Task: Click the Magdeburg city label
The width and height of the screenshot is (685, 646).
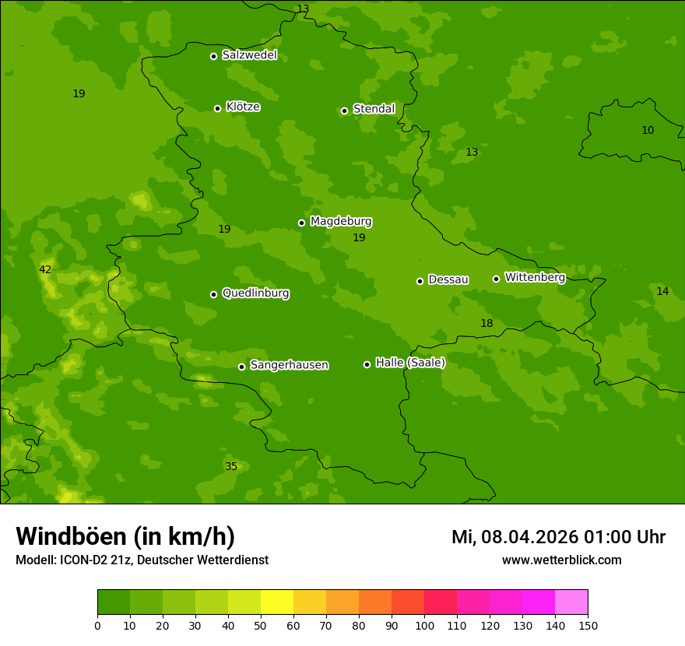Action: (x=341, y=222)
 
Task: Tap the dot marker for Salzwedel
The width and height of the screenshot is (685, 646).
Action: (x=213, y=56)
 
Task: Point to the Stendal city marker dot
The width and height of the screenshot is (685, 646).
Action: (x=344, y=111)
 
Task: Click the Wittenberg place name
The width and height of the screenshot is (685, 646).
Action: (x=535, y=278)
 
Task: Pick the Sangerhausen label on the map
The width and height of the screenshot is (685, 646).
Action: (x=289, y=365)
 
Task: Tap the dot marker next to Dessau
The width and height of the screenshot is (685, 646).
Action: (x=420, y=281)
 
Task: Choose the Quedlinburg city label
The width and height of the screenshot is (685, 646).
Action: (x=255, y=293)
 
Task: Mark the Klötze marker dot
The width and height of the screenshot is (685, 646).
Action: (x=217, y=108)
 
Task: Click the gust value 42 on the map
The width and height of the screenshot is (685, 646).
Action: (x=45, y=270)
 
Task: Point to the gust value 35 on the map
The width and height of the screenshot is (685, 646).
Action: (x=231, y=467)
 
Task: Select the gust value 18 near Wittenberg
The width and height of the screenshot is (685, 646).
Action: (x=487, y=324)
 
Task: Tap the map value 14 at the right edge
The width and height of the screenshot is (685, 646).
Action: (x=662, y=292)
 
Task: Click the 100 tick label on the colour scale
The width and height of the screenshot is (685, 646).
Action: (x=424, y=625)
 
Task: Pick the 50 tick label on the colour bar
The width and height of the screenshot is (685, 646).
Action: (x=261, y=625)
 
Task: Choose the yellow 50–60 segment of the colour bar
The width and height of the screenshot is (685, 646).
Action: (x=277, y=602)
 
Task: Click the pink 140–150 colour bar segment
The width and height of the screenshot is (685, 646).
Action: (x=571, y=602)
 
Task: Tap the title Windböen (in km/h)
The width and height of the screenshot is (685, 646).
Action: (x=125, y=536)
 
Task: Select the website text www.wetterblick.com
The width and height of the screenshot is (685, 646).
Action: (x=561, y=560)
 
